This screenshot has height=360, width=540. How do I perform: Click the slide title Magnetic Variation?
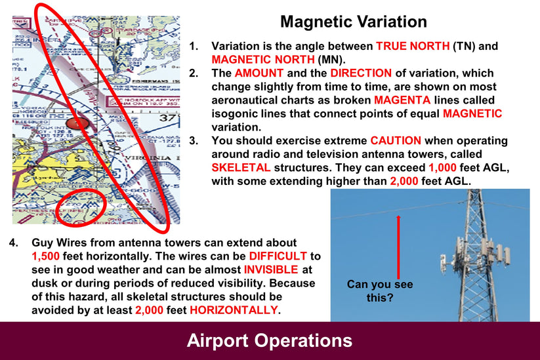tap(353, 22)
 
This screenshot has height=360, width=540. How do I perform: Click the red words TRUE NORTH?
tap(413, 47)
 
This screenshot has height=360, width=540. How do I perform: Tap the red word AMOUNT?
tap(260, 73)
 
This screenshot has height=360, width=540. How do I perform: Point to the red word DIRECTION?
tap(361, 73)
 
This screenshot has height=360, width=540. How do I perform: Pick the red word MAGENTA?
tap(400, 100)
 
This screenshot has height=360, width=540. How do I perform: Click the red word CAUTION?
tap(397, 141)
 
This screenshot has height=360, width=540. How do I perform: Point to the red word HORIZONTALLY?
tap(234, 310)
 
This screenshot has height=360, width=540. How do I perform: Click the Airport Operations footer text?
tap(270, 340)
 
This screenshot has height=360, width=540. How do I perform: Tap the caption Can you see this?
tap(380, 291)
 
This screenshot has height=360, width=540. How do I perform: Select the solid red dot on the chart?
tap(77, 123)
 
